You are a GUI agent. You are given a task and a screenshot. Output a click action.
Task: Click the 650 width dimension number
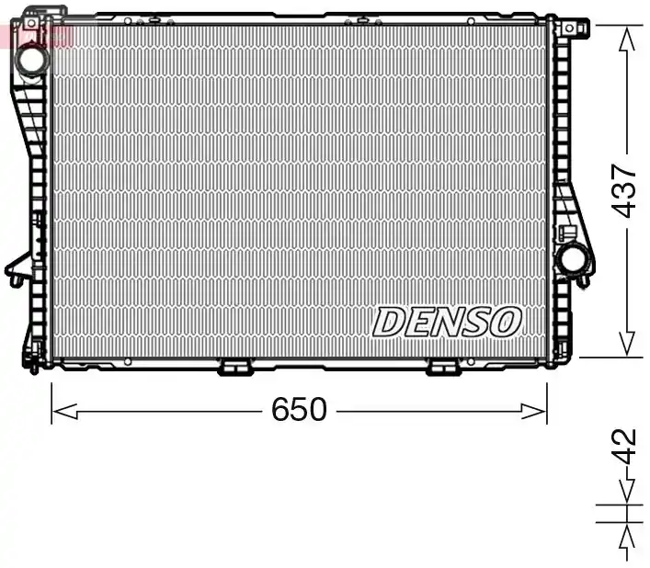point(299,409)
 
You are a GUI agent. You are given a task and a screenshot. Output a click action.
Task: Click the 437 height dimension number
point(624,190)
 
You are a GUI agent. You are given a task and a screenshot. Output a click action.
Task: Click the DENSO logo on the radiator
point(447,322)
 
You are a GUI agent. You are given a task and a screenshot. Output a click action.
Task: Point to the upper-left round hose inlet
point(32,61)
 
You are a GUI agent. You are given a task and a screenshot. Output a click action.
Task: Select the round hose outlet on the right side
point(575,258)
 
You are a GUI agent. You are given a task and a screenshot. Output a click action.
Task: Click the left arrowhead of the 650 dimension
point(64,412)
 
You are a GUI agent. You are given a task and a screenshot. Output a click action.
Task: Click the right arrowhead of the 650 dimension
point(534,412)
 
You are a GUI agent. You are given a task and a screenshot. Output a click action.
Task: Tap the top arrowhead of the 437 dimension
point(626,39)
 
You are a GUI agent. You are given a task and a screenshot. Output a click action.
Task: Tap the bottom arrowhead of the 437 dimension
point(626,344)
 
